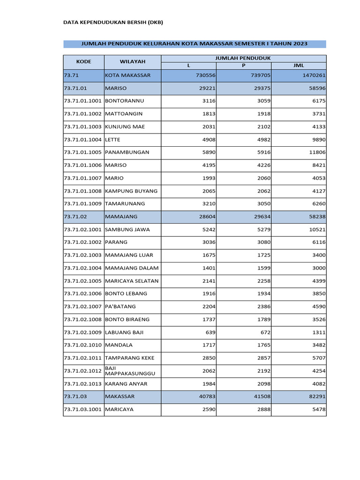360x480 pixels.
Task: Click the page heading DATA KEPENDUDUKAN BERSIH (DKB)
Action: pyautogui.click(x=113, y=22)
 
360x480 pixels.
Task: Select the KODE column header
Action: pyautogui.click(x=83, y=61)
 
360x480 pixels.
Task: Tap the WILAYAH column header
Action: pyautogui.click(x=132, y=61)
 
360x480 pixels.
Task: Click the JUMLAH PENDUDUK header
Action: pyautogui.click(x=243, y=58)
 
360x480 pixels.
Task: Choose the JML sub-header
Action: pyautogui.click(x=298, y=66)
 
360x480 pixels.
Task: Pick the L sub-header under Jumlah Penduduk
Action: pyautogui.click(x=188, y=66)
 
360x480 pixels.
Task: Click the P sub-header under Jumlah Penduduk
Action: pyautogui.click(x=243, y=66)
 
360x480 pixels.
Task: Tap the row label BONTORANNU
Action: pyautogui.click(x=124, y=101)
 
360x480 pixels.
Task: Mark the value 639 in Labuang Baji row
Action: pyautogui.click(x=209, y=332)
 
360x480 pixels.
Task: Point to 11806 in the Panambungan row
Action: pyautogui.click(x=316, y=152)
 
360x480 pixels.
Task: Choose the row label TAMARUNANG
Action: pyautogui.click(x=125, y=203)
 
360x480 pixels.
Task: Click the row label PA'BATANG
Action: pyautogui.click(x=120, y=306)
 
